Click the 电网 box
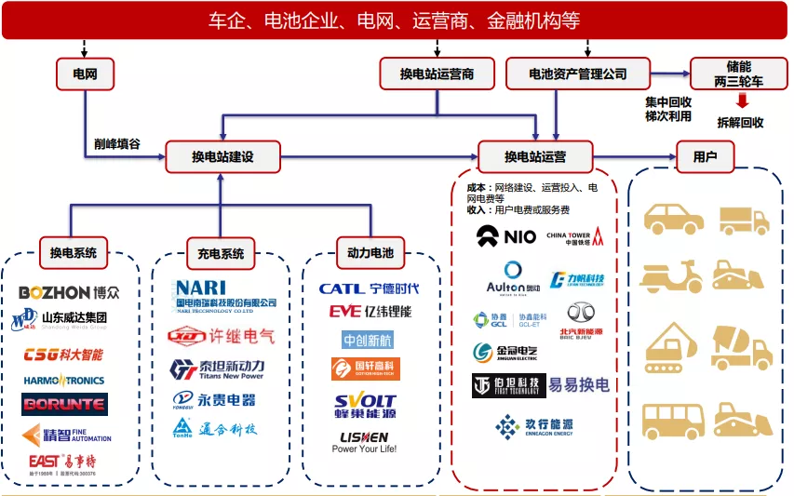click(85, 74)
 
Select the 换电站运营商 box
click(437, 74)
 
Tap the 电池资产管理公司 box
click(577, 74)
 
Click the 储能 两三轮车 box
click(739, 74)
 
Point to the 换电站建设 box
click(222, 156)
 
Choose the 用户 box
click(706, 156)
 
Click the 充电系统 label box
click(221, 252)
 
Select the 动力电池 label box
click(370, 252)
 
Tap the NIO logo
click(506, 235)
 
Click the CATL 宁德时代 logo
click(369, 288)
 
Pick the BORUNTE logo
click(65, 404)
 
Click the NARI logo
click(226, 293)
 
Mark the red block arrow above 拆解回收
click(742, 101)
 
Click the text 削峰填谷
click(117, 145)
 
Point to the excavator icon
click(672, 346)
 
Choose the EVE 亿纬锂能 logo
click(370, 312)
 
